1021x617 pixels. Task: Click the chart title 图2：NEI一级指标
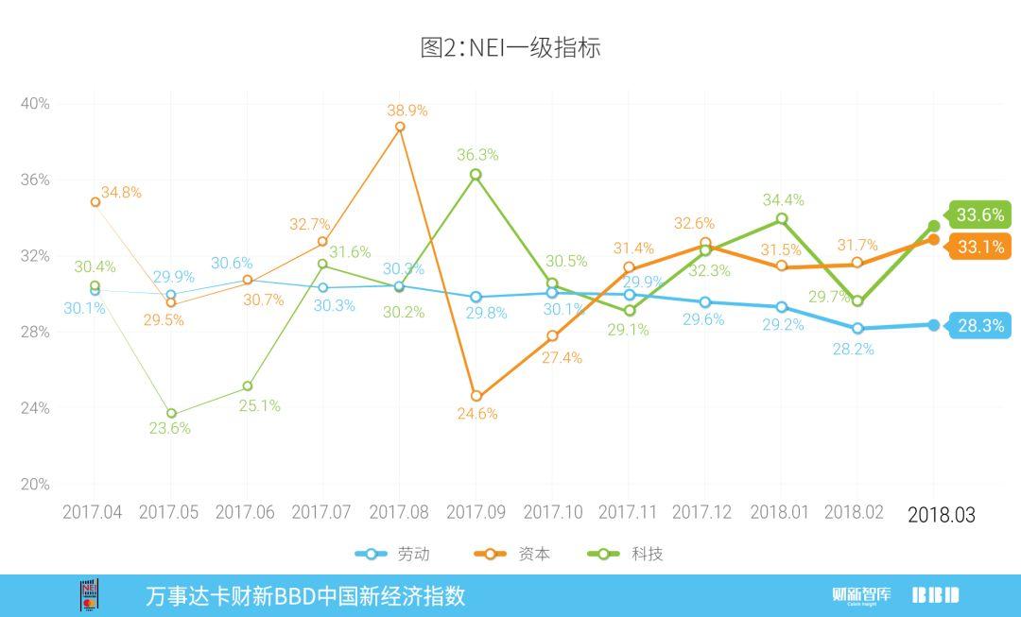(x=510, y=47)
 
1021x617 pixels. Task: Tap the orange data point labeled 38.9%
(x=400, y=127)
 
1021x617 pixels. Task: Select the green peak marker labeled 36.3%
(x=476, y=175)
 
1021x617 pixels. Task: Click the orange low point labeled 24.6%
(x=476, y=397)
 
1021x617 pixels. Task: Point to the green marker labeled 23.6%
(x=171, y=414)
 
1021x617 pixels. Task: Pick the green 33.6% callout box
(x=979, y=214)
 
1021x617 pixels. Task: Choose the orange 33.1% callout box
(x=979, y=249)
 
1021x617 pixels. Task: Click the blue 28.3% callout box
(x=979, y=326)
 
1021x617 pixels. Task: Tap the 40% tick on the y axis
(x=35, y=103)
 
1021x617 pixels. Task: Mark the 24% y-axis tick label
(x=35, y=408)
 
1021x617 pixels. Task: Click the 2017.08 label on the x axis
(x=399, y=512)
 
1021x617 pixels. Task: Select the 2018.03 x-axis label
(x=941, y=515)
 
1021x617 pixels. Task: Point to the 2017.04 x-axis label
(x=92, y=512)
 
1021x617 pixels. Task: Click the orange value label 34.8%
(x=121, y=192)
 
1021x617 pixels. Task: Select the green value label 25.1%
(x=259, y=405)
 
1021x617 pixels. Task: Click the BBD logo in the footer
(x=935, y=595)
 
